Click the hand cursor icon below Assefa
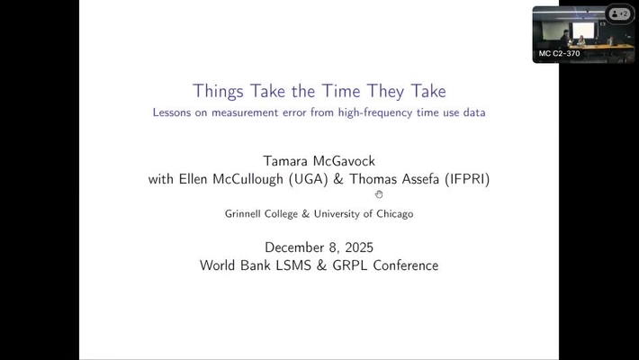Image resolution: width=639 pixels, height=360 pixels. (x=379, y=194)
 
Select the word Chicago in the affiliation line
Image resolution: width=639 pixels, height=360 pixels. (x=396, y=214)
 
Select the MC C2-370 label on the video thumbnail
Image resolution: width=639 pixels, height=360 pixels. (x=559, y=54)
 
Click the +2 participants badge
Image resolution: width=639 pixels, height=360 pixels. (x=619, y=14)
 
